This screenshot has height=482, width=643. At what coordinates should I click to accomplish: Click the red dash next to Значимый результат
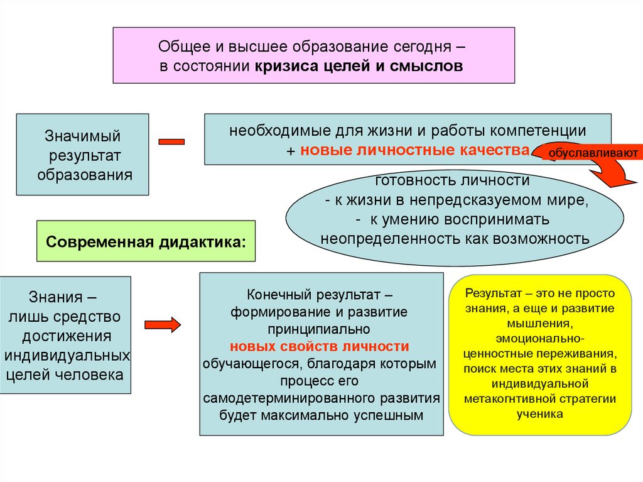(x=171, y=142)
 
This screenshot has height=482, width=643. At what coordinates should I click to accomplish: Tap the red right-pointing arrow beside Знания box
(x=163, y=324)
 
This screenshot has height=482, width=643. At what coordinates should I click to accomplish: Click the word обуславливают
(x=595, y=153)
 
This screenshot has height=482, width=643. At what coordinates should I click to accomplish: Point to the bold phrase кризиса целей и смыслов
(x=359, y=65)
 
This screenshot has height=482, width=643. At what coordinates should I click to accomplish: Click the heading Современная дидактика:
(x=146, y=241)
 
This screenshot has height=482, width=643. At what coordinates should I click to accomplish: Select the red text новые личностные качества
(x=415, y=150)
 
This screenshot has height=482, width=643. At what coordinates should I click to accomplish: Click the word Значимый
(x=82, y=136)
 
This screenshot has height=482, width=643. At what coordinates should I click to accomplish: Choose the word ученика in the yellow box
(x=541, y=414)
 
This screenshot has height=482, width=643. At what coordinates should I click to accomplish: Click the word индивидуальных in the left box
(x=67, y=355)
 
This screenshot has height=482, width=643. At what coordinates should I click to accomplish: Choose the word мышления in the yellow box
(x=541, y=322)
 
